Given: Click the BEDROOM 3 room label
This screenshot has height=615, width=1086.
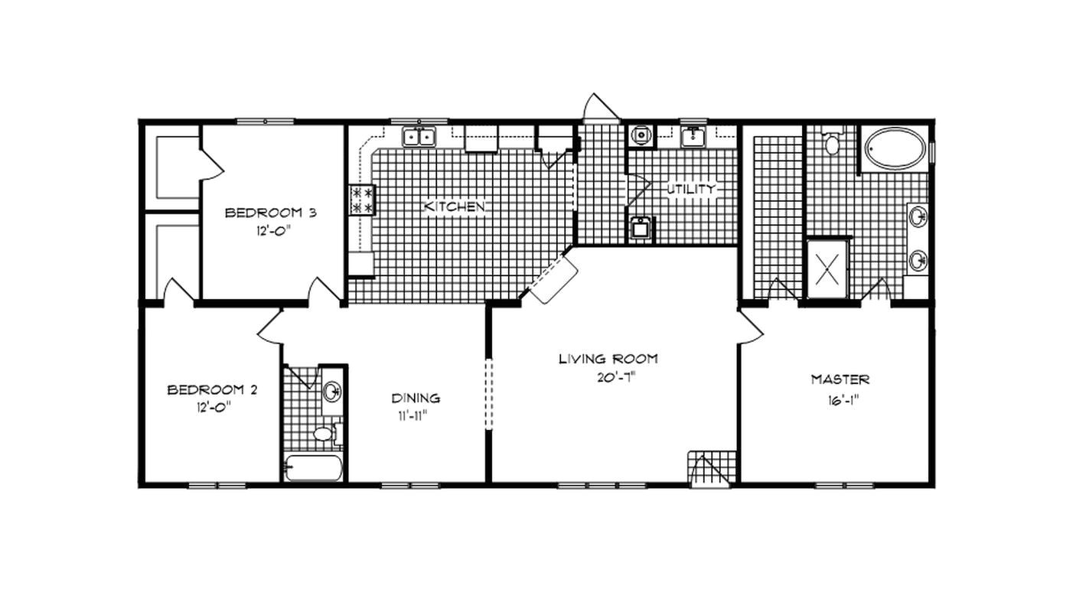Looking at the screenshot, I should [259, 213].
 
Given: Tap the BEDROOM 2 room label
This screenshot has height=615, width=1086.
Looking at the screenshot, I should [212, 390].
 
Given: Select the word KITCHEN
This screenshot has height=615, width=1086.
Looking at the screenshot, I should [455, 207].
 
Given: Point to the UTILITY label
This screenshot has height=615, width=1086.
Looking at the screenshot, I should [691, 188].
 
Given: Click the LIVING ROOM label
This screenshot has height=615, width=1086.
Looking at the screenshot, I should [608, 358].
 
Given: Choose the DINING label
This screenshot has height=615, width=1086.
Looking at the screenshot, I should [416, 398].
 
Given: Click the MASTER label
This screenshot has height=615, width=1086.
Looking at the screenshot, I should [840, 379].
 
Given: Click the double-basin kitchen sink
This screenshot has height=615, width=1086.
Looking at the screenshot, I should [419, 137].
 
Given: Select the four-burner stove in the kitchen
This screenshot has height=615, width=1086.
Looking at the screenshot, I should [362, 199].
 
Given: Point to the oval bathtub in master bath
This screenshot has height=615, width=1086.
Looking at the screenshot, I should [895, 148].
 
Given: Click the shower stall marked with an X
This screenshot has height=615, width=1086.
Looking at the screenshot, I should [827, 268].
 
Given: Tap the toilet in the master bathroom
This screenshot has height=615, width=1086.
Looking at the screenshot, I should [832, 142].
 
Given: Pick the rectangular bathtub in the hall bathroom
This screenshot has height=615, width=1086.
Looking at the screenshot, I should [314, 467].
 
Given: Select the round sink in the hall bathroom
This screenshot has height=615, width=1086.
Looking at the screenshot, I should [331, 392].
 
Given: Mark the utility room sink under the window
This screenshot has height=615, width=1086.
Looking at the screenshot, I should [694, 137].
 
